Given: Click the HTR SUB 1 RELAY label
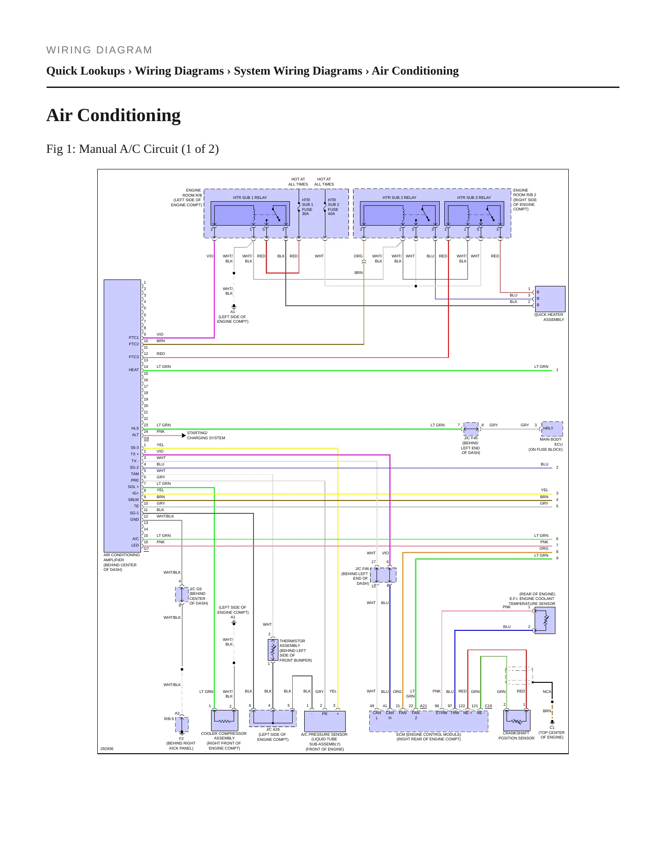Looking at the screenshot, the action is [250, 198].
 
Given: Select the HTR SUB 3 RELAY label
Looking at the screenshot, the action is [474, 198].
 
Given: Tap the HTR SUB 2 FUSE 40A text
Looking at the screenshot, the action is [333, 207].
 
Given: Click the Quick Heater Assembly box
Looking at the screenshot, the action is [550, 299].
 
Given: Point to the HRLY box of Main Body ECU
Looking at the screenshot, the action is [552, 429].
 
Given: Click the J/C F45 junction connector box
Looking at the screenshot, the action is [471, 429].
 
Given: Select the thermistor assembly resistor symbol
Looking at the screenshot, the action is [273, 649].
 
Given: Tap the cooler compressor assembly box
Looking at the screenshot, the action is [224, 721].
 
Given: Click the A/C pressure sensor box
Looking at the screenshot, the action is [325, 721].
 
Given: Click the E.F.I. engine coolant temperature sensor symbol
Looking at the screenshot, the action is [545, 620].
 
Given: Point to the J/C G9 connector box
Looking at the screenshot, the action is [182, 595].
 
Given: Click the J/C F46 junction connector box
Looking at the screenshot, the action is [383, 575].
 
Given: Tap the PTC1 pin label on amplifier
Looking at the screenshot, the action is [134, 337].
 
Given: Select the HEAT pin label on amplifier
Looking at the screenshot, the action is [134, 370].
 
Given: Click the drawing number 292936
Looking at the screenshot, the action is [107, 749].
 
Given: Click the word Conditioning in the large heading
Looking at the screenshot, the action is [129, 116].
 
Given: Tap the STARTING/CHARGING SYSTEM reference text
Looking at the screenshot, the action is [206, 436].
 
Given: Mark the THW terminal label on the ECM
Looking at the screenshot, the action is [455, 713].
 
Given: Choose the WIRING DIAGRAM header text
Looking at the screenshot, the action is [99, 50].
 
